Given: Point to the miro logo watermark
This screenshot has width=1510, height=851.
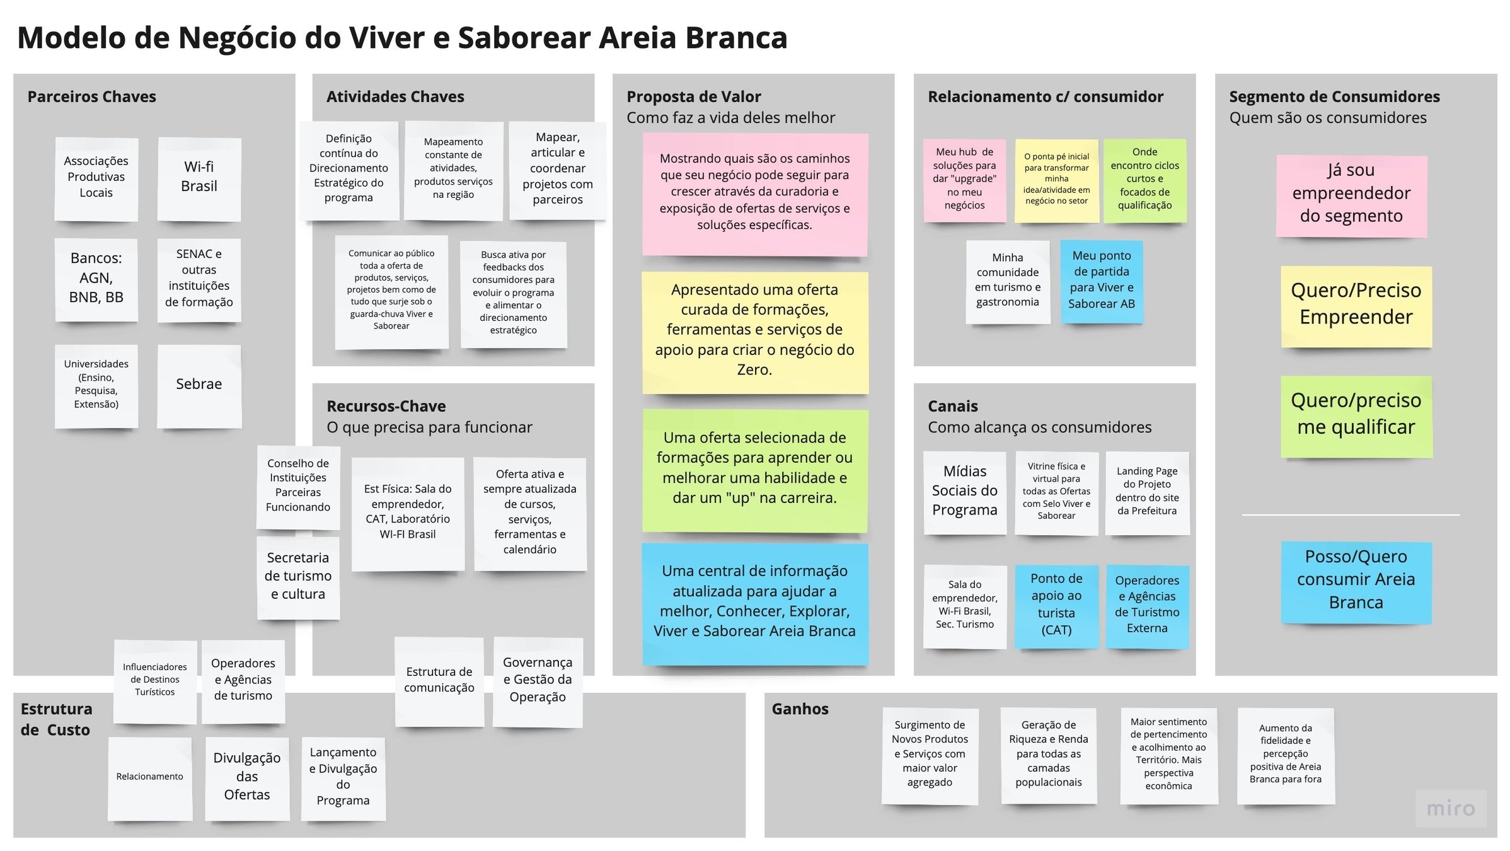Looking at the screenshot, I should [x=1450, y=809].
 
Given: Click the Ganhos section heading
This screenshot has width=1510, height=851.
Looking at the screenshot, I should [x=800, y=709].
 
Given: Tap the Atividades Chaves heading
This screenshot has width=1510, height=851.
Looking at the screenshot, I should [x=395, y=97].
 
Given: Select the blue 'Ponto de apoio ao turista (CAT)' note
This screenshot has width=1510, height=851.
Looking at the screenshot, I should [x=1056, y=605].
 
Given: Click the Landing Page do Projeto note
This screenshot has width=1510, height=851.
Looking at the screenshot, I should [x=1147, y=492].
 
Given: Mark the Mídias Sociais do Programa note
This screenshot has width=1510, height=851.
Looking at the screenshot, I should [x=964, y=491].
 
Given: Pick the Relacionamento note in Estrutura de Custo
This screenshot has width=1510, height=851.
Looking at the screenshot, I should [x=149, y=777].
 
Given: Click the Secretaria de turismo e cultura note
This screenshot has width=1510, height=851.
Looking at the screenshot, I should [x=298, y=576].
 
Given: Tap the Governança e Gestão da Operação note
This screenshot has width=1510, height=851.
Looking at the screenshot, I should [x=537, y=680].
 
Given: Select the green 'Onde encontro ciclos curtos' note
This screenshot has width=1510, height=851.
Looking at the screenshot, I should [x=1144, y=179].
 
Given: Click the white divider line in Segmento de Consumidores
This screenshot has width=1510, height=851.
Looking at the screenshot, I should [x=1350, y=515].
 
